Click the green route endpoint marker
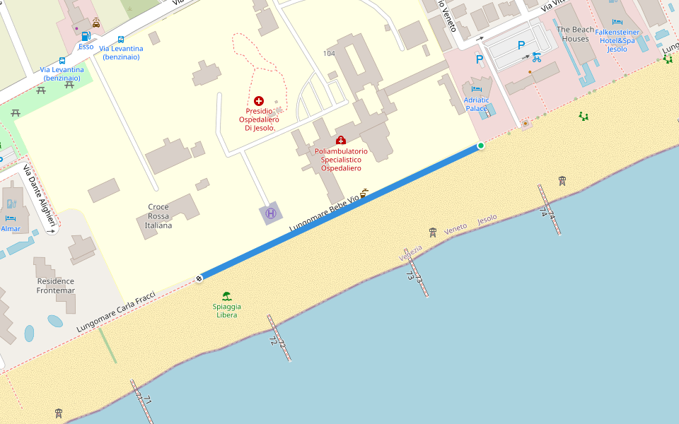coord(481,146)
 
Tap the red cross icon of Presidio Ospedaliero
coord(259,101)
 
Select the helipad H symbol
coord(270,213)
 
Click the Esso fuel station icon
coord(86,36)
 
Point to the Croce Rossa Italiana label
coord(158,216)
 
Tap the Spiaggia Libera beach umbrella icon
coord(226,296)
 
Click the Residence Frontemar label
coord(56,285)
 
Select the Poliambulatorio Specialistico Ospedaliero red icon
coord(341,141)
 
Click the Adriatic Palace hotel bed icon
coord(476,90)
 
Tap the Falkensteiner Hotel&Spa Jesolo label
coord(617,40)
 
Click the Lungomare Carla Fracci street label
coord(116,312)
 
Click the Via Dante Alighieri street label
coord(40,199)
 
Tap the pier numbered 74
coord(549,210)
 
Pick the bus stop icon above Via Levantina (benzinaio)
coord(121,40)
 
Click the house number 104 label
coord(329,54)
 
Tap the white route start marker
coord(199,278)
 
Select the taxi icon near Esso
coord(96,23)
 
